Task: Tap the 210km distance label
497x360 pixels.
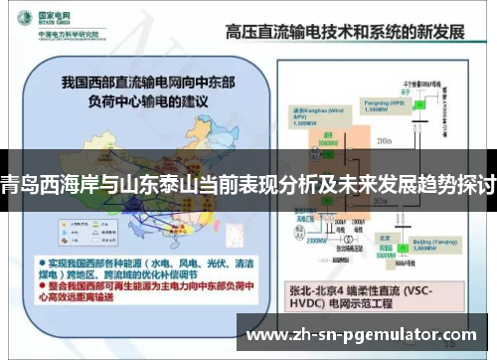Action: [x=386, y=143]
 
